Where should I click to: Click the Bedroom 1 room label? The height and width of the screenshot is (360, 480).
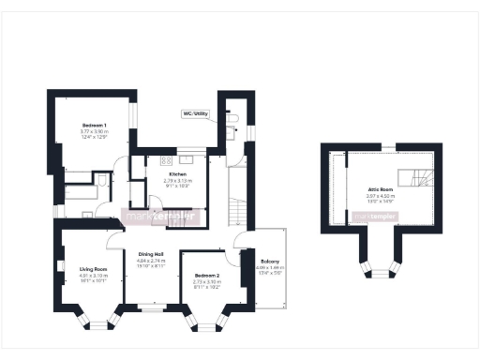click(x=94, y=125)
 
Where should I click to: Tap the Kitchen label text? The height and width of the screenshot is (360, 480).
click(x=178, y=175)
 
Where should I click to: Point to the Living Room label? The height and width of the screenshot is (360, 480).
click(x=94, y=269)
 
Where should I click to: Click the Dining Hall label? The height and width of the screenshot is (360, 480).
click(x=152, y=254)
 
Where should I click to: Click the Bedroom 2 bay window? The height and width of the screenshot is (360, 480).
click(x=206, y=324)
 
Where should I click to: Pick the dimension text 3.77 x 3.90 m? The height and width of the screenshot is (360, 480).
click(x=94, y=131)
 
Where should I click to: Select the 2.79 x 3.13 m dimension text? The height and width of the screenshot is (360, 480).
click(x=178, y=182)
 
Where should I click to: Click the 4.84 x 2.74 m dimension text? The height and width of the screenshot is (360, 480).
click(x=152, y=261)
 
